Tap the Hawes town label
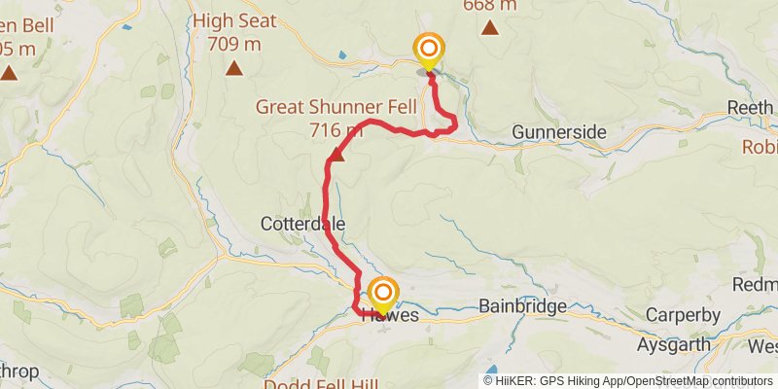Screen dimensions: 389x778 click(391, 316)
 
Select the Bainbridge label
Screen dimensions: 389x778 click(522, 306)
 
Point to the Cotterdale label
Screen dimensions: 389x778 click(302, 224)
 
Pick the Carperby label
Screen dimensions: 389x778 click(683, 315)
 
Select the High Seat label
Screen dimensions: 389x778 click(233, 21)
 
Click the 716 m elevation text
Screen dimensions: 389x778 click(336, 129)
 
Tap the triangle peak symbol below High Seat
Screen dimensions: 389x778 click(233, 67)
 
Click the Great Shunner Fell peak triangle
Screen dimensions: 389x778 click(336, 154)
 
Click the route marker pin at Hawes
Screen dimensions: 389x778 click(384, 293)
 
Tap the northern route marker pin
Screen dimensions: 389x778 click(428, 49)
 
